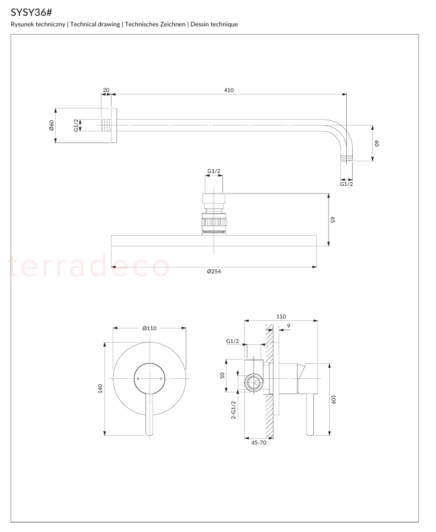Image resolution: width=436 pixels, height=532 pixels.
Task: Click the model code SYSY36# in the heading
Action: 31,12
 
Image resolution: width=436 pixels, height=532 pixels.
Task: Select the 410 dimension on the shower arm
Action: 229,90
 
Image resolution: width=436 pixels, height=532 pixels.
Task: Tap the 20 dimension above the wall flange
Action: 106,90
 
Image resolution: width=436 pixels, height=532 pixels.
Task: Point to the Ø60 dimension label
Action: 51,125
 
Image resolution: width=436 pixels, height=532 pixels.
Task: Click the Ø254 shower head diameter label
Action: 214,272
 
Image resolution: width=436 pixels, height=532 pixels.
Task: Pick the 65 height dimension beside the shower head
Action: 333,220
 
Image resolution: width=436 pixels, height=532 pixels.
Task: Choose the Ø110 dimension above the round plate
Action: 150,328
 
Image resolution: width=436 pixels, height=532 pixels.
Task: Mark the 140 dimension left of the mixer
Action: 100,388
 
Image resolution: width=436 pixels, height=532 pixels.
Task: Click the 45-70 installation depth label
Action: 259,443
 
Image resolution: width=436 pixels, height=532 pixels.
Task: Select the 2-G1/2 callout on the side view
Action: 234,410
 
